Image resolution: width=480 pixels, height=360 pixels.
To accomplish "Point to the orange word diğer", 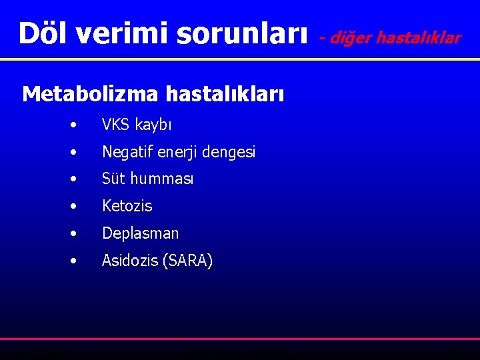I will point(351,38).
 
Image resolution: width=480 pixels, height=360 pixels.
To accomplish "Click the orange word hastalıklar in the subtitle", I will point(419,38).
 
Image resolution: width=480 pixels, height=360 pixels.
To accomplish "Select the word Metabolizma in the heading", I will point(90,95).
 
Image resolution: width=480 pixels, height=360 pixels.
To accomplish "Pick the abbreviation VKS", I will point(116,125).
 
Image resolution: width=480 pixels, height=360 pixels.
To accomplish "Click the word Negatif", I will point(128,152).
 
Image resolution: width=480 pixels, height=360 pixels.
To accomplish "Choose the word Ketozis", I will point(127,206).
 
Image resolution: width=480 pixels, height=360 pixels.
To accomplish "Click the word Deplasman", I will point(140,233).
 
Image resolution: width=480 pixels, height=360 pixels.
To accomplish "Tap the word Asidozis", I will point(129,261).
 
